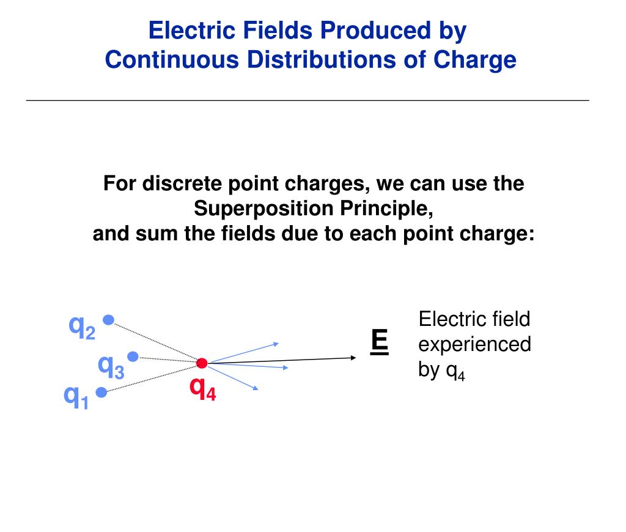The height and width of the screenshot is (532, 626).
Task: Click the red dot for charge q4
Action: coord(202,363)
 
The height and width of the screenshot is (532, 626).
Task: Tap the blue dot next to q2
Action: coord(108,319)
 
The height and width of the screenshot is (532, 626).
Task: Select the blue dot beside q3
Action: coord(133,356)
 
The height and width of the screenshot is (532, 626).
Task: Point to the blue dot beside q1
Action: coord(101,393)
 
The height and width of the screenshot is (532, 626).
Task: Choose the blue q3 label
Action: coord(111,366)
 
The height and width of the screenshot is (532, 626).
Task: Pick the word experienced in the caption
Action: coord(474,344)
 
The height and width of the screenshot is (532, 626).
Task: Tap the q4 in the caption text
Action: coord(454,372)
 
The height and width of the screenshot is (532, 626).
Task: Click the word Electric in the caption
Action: coord(452,319)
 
